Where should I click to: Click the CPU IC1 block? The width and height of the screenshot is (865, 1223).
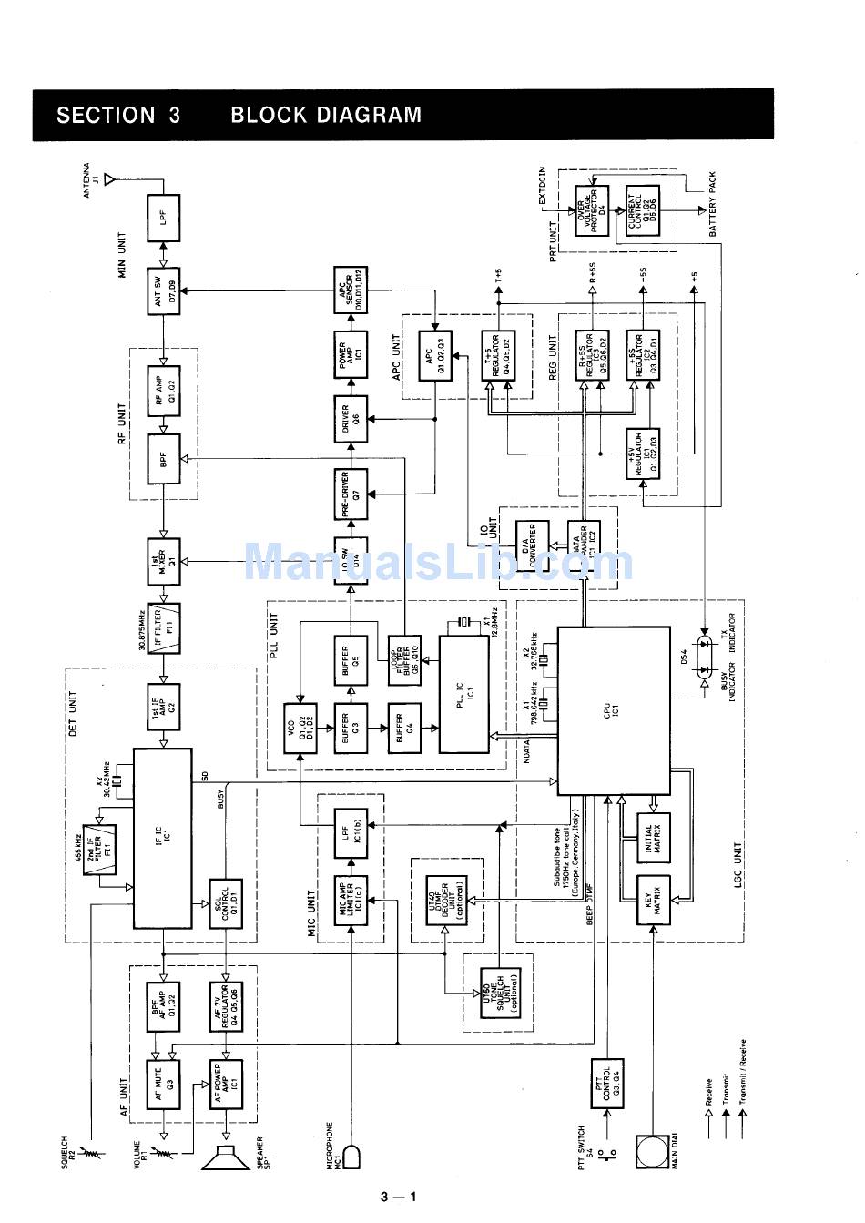coord(613,709)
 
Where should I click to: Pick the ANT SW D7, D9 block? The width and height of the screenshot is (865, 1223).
coord(164,292)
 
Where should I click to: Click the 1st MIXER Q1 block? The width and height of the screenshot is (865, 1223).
coord(164,560)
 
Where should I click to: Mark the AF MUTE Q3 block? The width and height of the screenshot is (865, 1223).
coord(164,1084)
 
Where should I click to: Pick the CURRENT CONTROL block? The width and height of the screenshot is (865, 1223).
coord(644,210)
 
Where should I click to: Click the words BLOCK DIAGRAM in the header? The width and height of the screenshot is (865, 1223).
coord(326,116)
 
